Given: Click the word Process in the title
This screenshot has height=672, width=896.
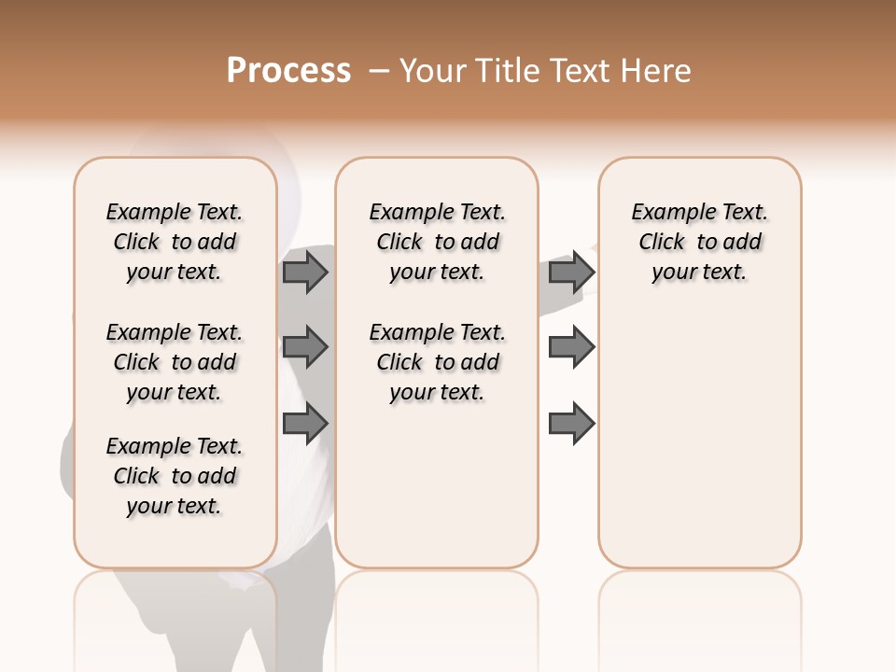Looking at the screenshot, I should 288,70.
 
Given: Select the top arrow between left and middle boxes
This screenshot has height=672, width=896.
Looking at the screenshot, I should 305,272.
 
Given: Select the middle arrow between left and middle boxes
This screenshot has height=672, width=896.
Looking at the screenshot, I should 305,347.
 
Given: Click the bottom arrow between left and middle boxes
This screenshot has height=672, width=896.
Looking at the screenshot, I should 305,424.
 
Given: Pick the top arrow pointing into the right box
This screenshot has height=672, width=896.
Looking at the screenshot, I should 571,272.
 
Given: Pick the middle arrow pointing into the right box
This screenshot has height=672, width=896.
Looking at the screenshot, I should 571,347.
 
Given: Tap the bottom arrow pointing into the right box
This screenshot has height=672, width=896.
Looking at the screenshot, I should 571,424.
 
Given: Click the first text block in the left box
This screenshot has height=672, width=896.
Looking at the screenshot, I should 175,242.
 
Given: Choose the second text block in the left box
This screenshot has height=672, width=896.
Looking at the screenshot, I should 175,362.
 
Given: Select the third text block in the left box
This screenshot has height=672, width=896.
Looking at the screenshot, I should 175,476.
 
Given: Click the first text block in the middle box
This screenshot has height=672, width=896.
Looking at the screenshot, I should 438,242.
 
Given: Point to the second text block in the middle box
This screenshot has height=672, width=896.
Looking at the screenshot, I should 438,362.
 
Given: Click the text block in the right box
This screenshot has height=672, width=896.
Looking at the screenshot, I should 699,242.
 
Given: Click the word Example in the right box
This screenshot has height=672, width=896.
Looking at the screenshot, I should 667,213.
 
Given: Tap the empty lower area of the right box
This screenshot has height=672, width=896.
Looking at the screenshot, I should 699,439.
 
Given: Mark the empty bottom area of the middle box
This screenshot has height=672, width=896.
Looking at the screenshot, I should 437,495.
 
